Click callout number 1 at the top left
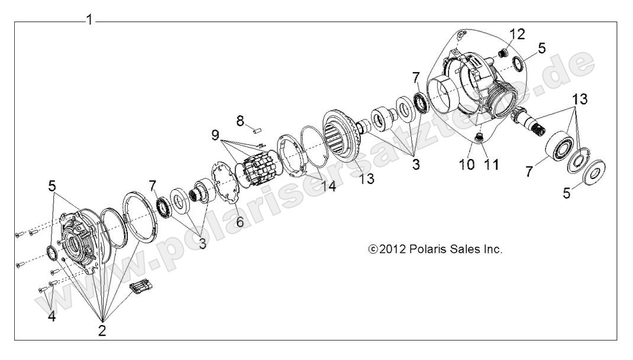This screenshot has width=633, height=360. point(89,20)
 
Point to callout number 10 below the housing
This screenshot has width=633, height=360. point(467,164)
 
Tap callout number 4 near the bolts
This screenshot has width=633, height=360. point(52,316)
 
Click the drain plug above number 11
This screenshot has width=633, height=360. point(479,138)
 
